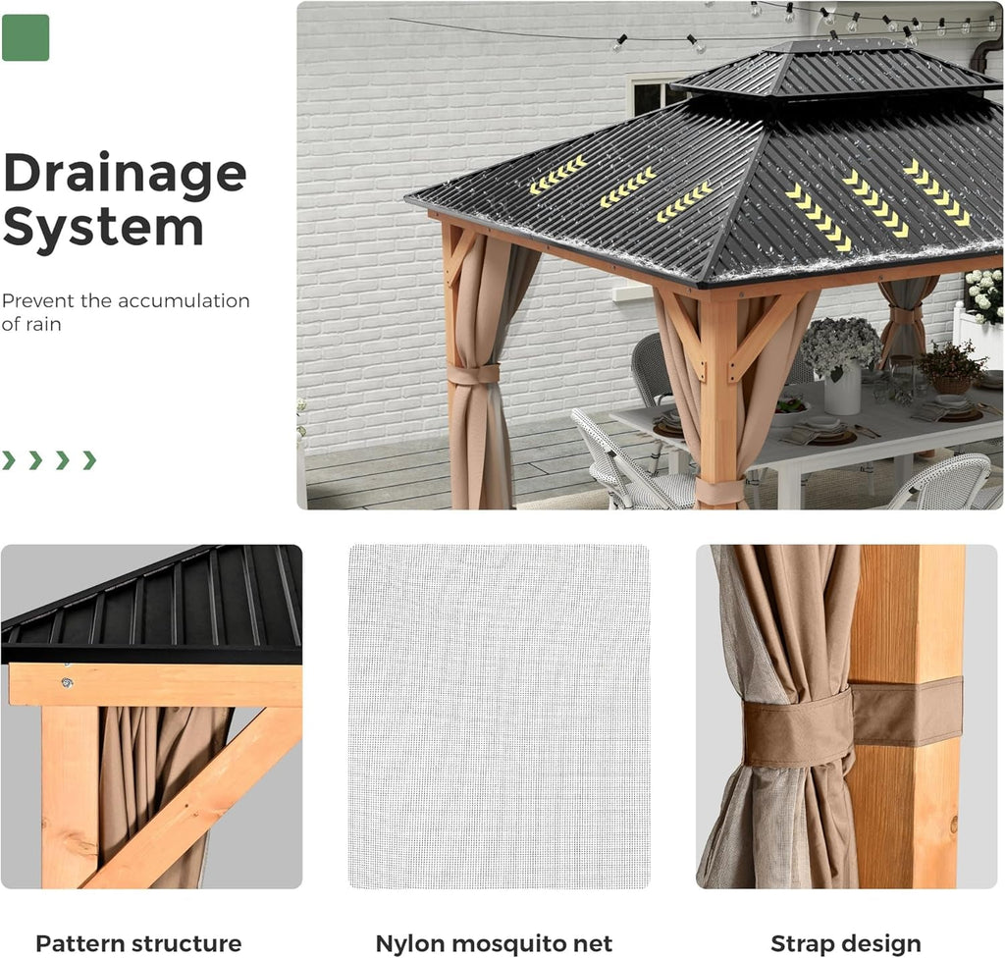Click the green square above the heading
(x=26, y=38)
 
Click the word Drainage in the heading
(x=124, y=174)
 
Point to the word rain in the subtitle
(x=40, y=324)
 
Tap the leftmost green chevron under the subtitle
(x=9, y=459)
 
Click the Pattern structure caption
(x=138, y=943)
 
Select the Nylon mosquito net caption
(x=494, y=943)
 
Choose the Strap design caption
(x=846, y=943)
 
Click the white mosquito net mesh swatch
(x=499, y=717)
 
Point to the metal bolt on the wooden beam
(x=68, y=681)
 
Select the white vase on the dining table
(x=841, y=391)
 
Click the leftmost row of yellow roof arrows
(x=557, y=174)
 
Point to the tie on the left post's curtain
(x=474, y=373)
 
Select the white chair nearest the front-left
(x=618, y=466)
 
